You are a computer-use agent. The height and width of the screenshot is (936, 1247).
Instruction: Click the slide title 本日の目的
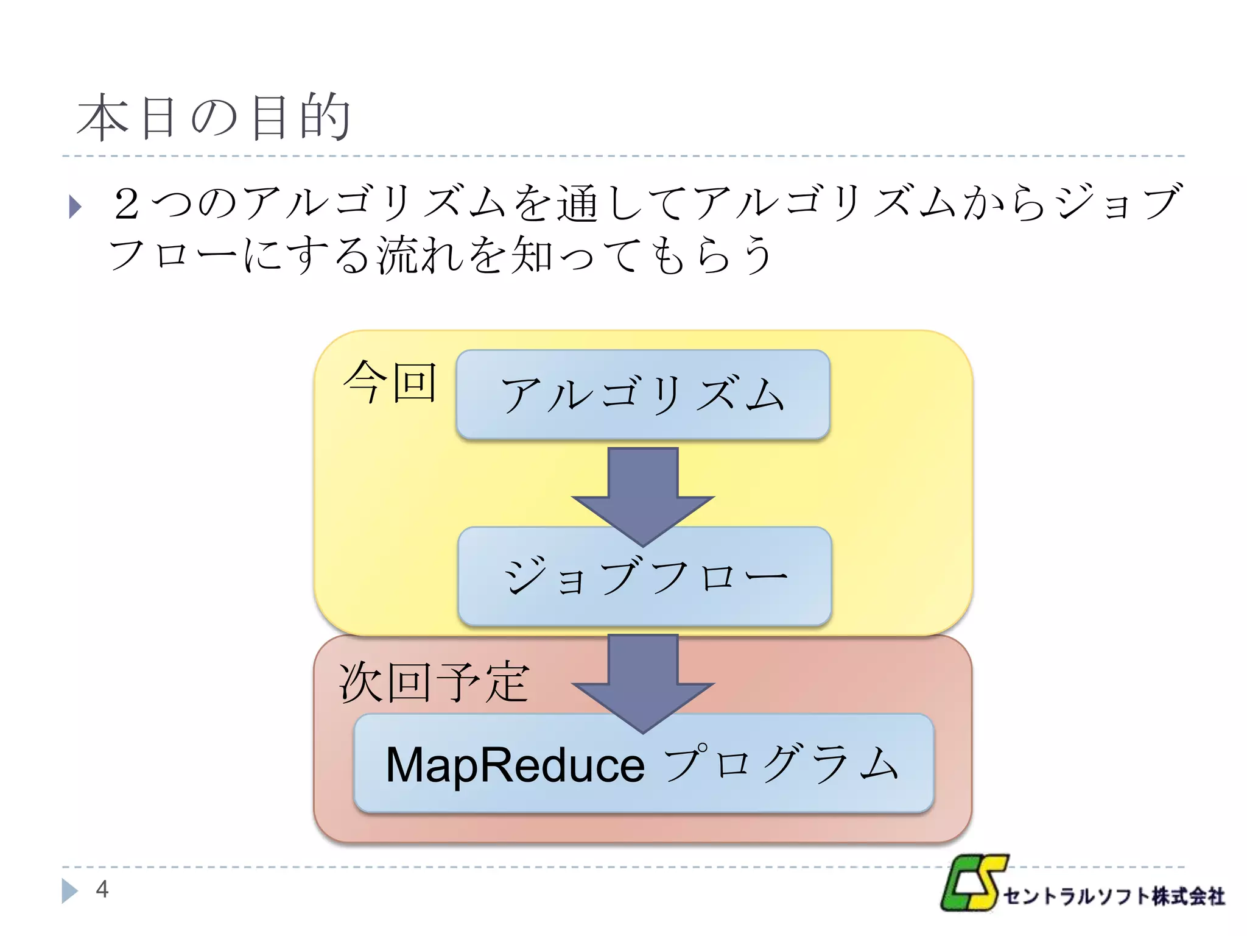coord(213,117)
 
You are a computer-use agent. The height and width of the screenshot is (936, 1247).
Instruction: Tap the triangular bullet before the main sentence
coord(75,206)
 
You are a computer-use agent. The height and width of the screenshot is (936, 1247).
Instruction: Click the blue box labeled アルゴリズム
coord(642,394)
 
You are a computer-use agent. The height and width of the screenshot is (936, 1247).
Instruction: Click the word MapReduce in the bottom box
coord(515,765)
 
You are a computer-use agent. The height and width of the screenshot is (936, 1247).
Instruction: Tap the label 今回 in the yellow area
coord(390,382)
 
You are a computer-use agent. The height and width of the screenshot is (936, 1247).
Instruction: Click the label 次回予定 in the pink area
coord(434,682)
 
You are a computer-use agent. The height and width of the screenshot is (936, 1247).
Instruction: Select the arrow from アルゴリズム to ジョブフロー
coord(642,494)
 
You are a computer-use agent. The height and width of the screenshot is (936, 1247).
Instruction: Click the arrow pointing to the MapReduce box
coord(642,679)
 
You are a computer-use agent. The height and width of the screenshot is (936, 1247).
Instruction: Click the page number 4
coord(102,889)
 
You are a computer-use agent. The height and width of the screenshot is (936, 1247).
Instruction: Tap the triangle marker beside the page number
coord(69,890)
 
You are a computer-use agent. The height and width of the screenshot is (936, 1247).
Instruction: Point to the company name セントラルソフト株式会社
coord(1114,896)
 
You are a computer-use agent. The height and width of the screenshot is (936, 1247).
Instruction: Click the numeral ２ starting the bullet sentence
coord(127,204)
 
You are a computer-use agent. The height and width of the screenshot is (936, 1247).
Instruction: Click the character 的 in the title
coord(326,117)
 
